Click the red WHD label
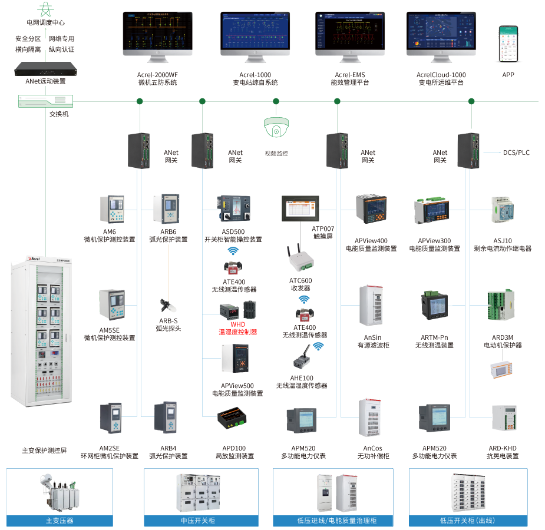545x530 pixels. (238, 324)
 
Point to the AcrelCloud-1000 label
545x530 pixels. (441, 75)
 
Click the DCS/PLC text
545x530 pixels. (516, 153)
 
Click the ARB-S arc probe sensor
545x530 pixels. (167, 306)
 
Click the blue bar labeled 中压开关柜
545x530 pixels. (201, 521)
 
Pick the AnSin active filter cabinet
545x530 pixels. (372, 307)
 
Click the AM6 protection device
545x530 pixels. (112, 210)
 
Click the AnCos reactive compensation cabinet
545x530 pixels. (372, 419)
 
